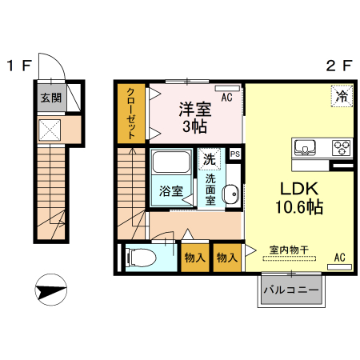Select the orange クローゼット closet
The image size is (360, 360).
(130, 114)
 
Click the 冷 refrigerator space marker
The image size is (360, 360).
(341, 97)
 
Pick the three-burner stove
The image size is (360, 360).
(342, 147)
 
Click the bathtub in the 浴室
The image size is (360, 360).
(170, 165)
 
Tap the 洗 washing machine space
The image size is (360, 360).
(209, 159)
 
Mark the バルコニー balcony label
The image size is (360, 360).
(291, 290)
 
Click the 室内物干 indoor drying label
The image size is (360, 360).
(285, 249)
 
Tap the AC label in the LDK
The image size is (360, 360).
(339, 258)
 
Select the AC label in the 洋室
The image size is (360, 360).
(227, 98)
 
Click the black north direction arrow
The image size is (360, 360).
(50, 290)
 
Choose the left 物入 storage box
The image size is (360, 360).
(195, 258)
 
